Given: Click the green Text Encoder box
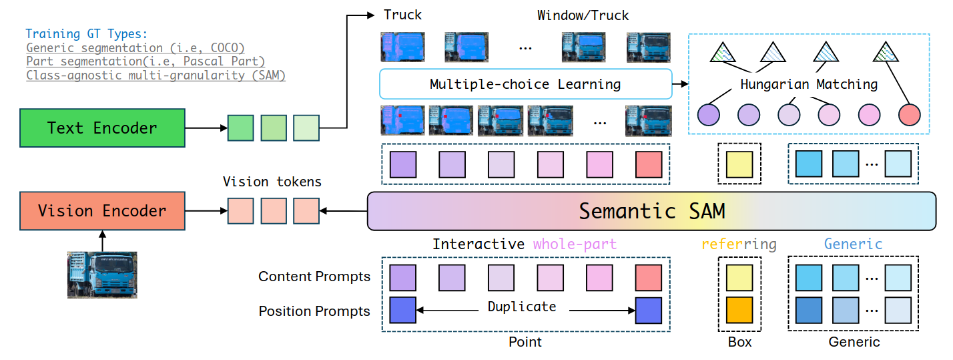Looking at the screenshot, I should (x=102, y=128).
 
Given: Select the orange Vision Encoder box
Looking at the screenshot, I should (x=102, y=211).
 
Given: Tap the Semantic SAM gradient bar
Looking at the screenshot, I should (x=652, y=211).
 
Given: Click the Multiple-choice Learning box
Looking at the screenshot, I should (x=525, y=85).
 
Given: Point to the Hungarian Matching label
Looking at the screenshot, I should (x=808, y=85).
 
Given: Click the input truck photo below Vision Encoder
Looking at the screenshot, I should (x=102, y=274).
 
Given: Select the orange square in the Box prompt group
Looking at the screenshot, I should (x=739, y=310).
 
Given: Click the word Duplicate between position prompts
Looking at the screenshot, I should (x=521, y=307).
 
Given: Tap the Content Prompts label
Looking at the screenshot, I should (x=314, y=277).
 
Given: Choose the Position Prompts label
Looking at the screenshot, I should (x=314, y=311).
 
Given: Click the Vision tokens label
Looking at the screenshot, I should (x=272, y=181).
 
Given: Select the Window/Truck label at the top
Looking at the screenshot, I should (x=583, y=15).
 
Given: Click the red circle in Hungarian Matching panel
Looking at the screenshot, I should (x=909, y=116).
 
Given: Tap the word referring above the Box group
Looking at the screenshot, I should (x=739, y=244).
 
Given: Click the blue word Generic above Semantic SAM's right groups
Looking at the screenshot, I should (x=853, y=244).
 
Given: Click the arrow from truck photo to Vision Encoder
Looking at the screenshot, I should (x=102, y=240).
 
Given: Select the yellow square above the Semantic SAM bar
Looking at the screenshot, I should (x=739, y=164).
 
